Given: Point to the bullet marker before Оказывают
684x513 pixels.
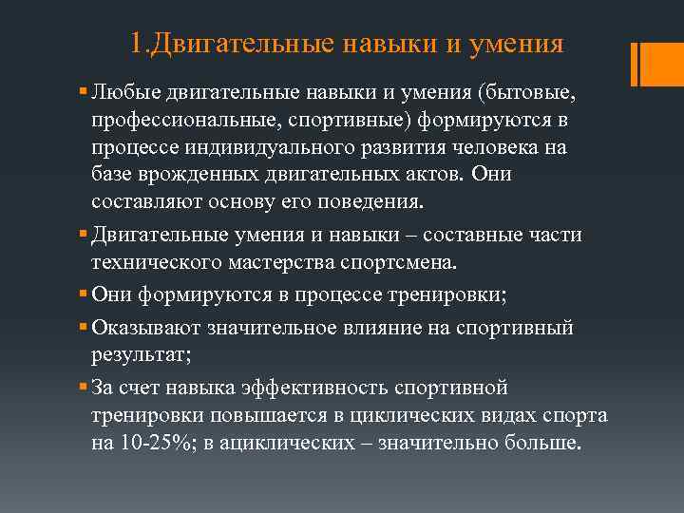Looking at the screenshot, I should (85, 328).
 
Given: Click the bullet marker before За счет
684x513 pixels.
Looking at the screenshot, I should (85, 389).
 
